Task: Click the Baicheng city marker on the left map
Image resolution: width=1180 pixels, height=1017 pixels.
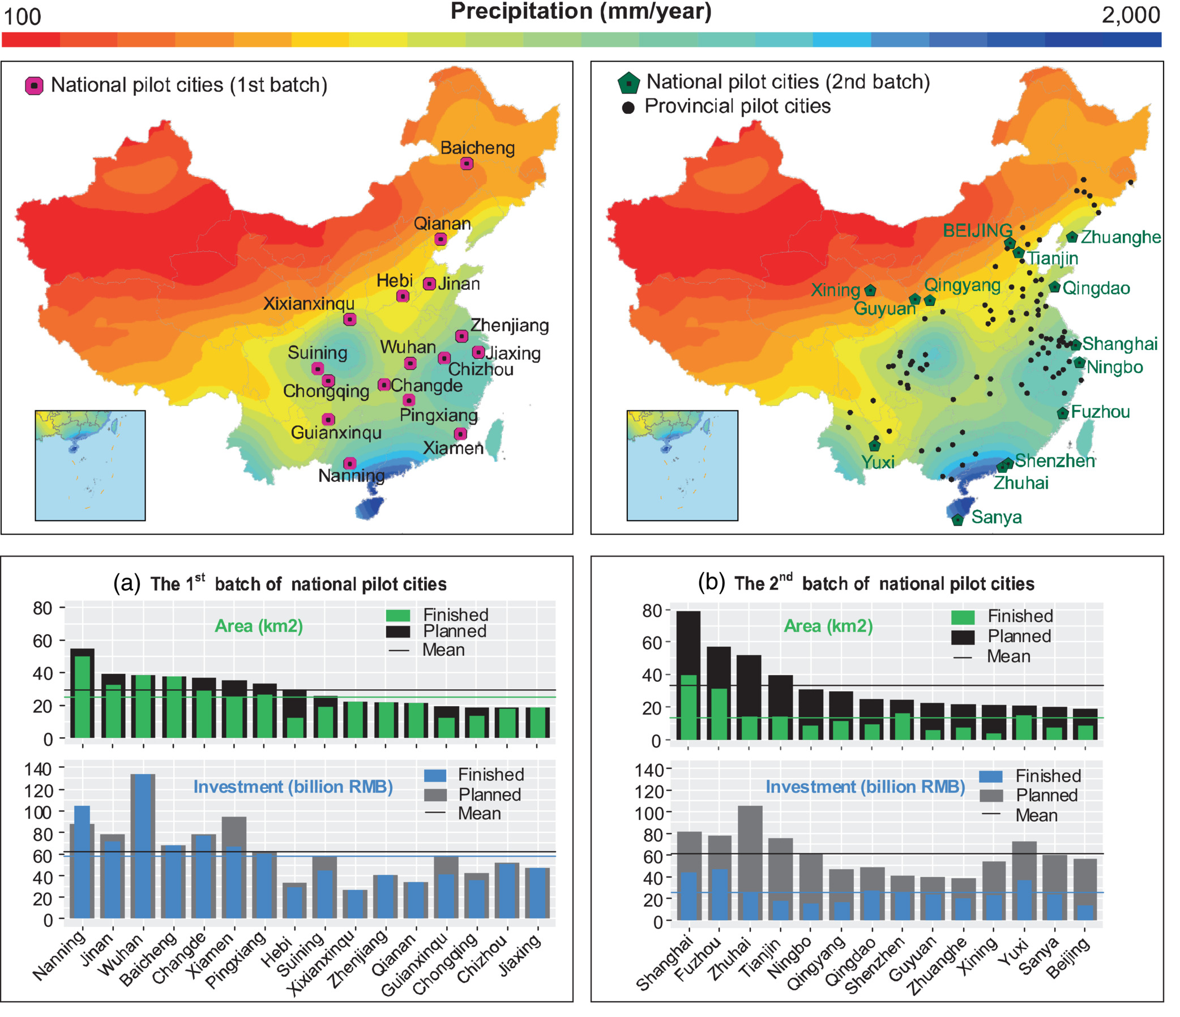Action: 467,164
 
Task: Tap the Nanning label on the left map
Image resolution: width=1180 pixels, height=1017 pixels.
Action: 351,476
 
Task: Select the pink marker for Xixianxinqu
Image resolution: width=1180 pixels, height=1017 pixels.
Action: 350,319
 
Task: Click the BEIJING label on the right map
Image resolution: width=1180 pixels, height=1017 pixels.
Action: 977,230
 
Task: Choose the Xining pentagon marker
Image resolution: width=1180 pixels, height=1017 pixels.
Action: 870,290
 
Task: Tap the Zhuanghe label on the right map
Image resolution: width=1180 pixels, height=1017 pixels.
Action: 1120,237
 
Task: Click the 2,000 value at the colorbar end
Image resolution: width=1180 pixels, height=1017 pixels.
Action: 1130,15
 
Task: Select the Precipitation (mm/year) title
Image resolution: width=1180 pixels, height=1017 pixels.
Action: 581,11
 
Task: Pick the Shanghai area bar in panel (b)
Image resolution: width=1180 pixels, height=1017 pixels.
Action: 688,676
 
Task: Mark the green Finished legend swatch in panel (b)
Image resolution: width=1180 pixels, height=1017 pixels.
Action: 963,617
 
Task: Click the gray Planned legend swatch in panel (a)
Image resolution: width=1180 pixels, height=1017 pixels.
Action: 435,794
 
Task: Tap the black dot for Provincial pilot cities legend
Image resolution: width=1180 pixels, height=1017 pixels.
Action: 628,108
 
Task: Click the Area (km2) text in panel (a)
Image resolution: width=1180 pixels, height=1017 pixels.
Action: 259,626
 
